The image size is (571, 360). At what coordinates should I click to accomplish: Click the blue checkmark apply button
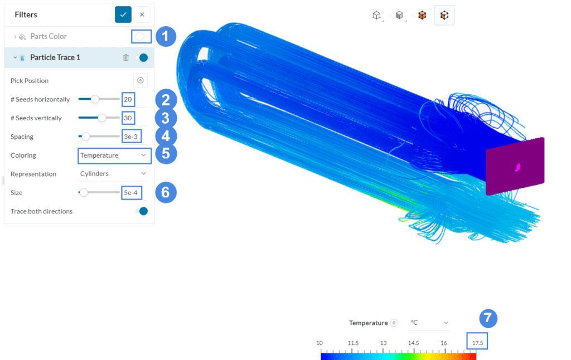(x=123, y=14)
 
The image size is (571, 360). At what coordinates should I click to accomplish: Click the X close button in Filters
(x=142, y=14)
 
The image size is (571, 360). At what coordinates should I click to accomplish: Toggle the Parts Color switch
(x=142, y=36)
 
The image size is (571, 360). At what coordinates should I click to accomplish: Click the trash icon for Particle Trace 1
(x=126, y=57)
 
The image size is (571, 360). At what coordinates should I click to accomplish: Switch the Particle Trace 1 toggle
(x=142, y=57)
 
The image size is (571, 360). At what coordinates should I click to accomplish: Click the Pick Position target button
(x=140, y=80)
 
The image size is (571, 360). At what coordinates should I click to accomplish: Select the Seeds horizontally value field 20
(x=128, y=99)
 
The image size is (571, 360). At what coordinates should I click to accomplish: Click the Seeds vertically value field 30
(x=128, y=118)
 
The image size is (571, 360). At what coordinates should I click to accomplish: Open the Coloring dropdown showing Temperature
(x=114, y=155)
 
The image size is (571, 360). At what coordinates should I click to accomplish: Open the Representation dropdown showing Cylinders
(x=114, y=174)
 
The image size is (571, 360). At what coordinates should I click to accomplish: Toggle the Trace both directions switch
(x=142, y=211)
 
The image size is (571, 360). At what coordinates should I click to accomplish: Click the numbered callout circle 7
(x=488, y=318)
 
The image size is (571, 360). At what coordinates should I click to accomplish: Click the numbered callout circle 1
(x=166, y=37)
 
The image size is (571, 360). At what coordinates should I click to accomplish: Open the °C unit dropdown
(x=429, y=323)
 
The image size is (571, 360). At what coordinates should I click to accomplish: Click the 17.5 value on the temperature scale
(x=477, y=343)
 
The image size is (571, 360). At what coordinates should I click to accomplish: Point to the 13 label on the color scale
(x=383, y=343)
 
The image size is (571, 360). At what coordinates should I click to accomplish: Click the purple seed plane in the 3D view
(x=514, y=166)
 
